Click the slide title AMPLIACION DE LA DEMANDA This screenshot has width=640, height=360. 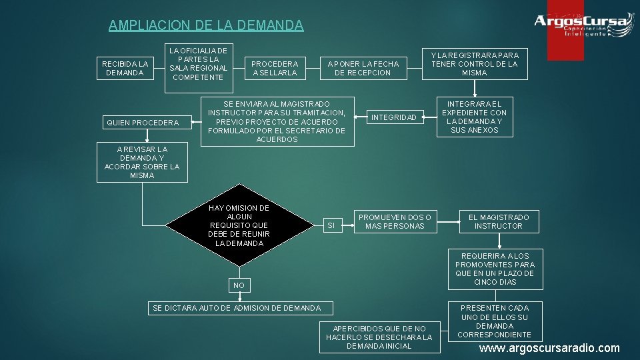(x=205, y=25)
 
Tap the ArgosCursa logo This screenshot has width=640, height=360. (x=582, y=25)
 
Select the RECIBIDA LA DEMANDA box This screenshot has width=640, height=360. (x=125, y=68)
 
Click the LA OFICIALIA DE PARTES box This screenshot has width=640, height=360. (x=198, y=64)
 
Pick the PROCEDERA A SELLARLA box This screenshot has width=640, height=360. (x=275, y=68)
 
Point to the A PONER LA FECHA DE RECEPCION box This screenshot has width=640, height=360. (x=363, y=68)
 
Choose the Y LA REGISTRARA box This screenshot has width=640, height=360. (x=474, y=64)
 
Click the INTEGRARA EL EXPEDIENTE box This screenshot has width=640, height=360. (x=474, y=117)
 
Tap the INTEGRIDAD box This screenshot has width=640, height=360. (x=393, y=117)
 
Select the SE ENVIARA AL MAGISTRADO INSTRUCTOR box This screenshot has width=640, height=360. (x=276, y=121)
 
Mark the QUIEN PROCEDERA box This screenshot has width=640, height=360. (x=142, y=123)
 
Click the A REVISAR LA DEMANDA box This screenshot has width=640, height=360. (x=142, y=162)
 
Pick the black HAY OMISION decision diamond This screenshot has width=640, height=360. (x=239, y=225)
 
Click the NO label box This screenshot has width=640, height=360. (x=239, y=285)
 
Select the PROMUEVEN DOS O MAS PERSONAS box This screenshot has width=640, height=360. (x=395, y=221)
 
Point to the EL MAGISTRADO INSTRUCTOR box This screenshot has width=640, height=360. (x=498, y=221)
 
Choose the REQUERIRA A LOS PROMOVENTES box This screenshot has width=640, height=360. (x=494, y=269)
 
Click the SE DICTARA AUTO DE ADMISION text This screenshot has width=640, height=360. (x=237, y=308)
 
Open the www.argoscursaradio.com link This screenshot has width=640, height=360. (x=549, y=348)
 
